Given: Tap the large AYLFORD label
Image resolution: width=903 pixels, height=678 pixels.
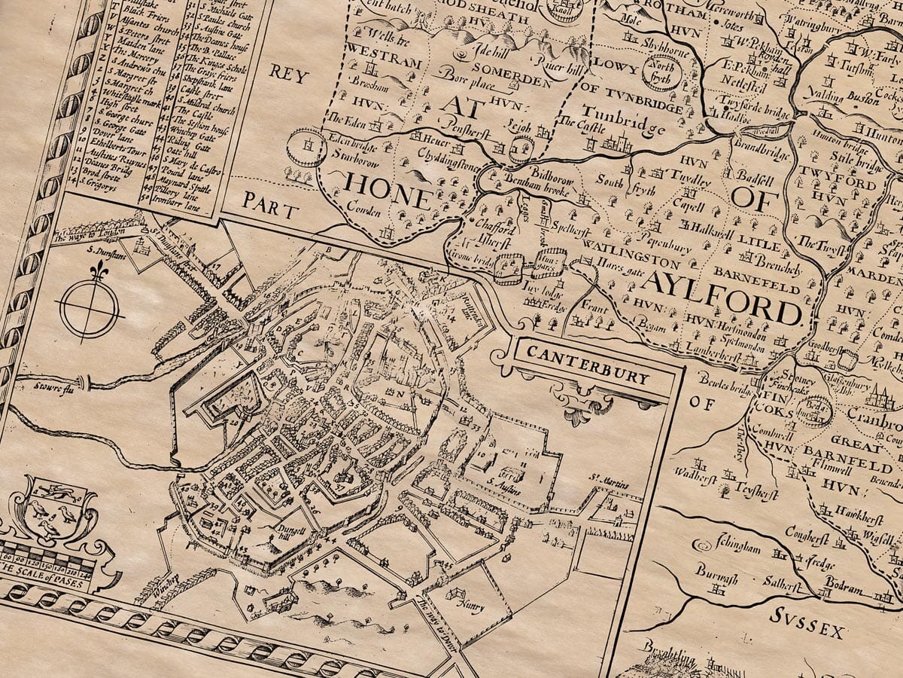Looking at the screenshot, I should [720, 295].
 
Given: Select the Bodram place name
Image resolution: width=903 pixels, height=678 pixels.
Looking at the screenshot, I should [835, 585].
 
